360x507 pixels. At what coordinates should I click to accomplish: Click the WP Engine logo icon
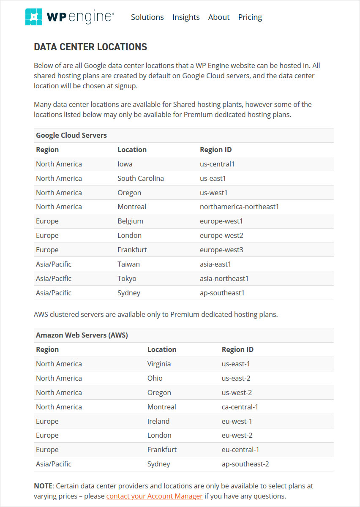[x=34, y=17]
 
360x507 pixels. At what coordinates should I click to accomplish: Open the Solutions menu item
[x=147, y=17]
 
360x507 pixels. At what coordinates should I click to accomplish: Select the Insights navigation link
[x=186, y=17]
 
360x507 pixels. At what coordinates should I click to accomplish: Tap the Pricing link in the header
[x=250, y=17]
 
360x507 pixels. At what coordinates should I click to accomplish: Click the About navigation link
[x=219, y=17]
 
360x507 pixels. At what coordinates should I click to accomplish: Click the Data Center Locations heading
[x=90, y=47]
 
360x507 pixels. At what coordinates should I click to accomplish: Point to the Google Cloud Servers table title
[x=71, y=136]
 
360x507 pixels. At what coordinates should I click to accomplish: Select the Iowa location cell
[x=125, y=164]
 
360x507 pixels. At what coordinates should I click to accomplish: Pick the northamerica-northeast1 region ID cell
[x=239, y=207]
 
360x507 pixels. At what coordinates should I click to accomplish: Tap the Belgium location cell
[x=130, y=221]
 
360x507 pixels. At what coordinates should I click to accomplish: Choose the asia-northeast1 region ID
[x=224, y=278]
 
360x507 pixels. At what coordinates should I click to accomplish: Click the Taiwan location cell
[x=128, y=264]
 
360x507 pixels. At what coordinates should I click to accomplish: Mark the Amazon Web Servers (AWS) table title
[x=82, y=335]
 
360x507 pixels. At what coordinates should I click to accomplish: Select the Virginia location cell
[x=159, y=364]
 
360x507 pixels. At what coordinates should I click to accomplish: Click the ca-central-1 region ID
[x=240, y=407]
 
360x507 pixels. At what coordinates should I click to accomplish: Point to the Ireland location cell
[x=158, y=421]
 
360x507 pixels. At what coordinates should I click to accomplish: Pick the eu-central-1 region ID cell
[x=240, y=450]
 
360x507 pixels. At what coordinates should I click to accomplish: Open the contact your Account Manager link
[x=154, y=496]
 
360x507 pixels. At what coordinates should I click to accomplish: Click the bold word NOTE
[x=44, y=486]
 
